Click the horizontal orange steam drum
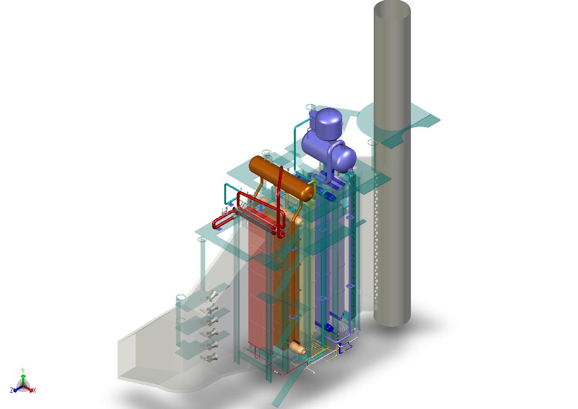(279, 176)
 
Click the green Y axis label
(23, 370)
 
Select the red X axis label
(34, 390)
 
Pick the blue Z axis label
(12, 390)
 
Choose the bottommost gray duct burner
(210, 357)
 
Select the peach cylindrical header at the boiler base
(296, 347)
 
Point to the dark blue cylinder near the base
(329, 328)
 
